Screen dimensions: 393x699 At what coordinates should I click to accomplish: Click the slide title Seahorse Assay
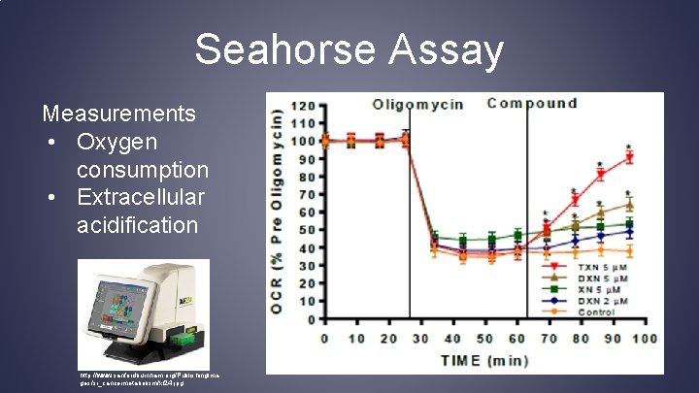point(349,49)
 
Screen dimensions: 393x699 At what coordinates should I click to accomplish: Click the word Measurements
point(119,114)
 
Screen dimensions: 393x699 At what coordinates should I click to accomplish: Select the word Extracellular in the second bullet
point(141,198)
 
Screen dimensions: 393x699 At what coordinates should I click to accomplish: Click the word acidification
point(137,226)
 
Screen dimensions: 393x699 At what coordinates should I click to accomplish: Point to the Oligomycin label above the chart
point(420,103)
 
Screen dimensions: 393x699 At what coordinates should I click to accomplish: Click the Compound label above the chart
point(532,103)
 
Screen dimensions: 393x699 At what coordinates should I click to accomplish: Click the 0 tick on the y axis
point(313,319)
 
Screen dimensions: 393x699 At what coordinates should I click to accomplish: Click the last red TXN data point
point(630,157)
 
